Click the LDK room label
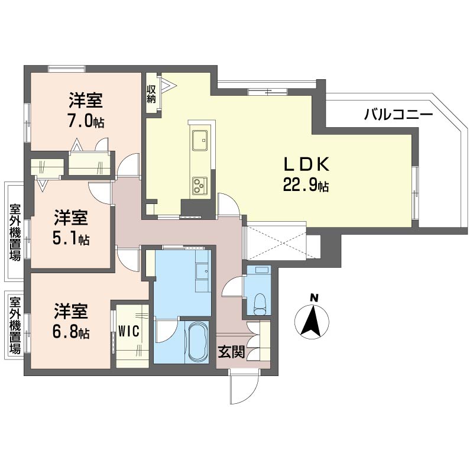click(x=306, y=164)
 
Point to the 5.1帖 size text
click(x=71, y=239)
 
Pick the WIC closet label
click(x=129, y=331)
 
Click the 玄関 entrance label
click(x=231, y=351)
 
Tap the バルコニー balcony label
click(x=399, y=115)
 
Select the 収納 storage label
click(x=151, y=94)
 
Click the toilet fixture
click(x=260, y=304)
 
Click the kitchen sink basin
click(x=200, y=140)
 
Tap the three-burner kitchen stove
click(x=200, y=185)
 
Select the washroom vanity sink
click(x=203, y=271)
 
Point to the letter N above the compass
click(x=315, y=298)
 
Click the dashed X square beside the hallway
click(x=276, y=241)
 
